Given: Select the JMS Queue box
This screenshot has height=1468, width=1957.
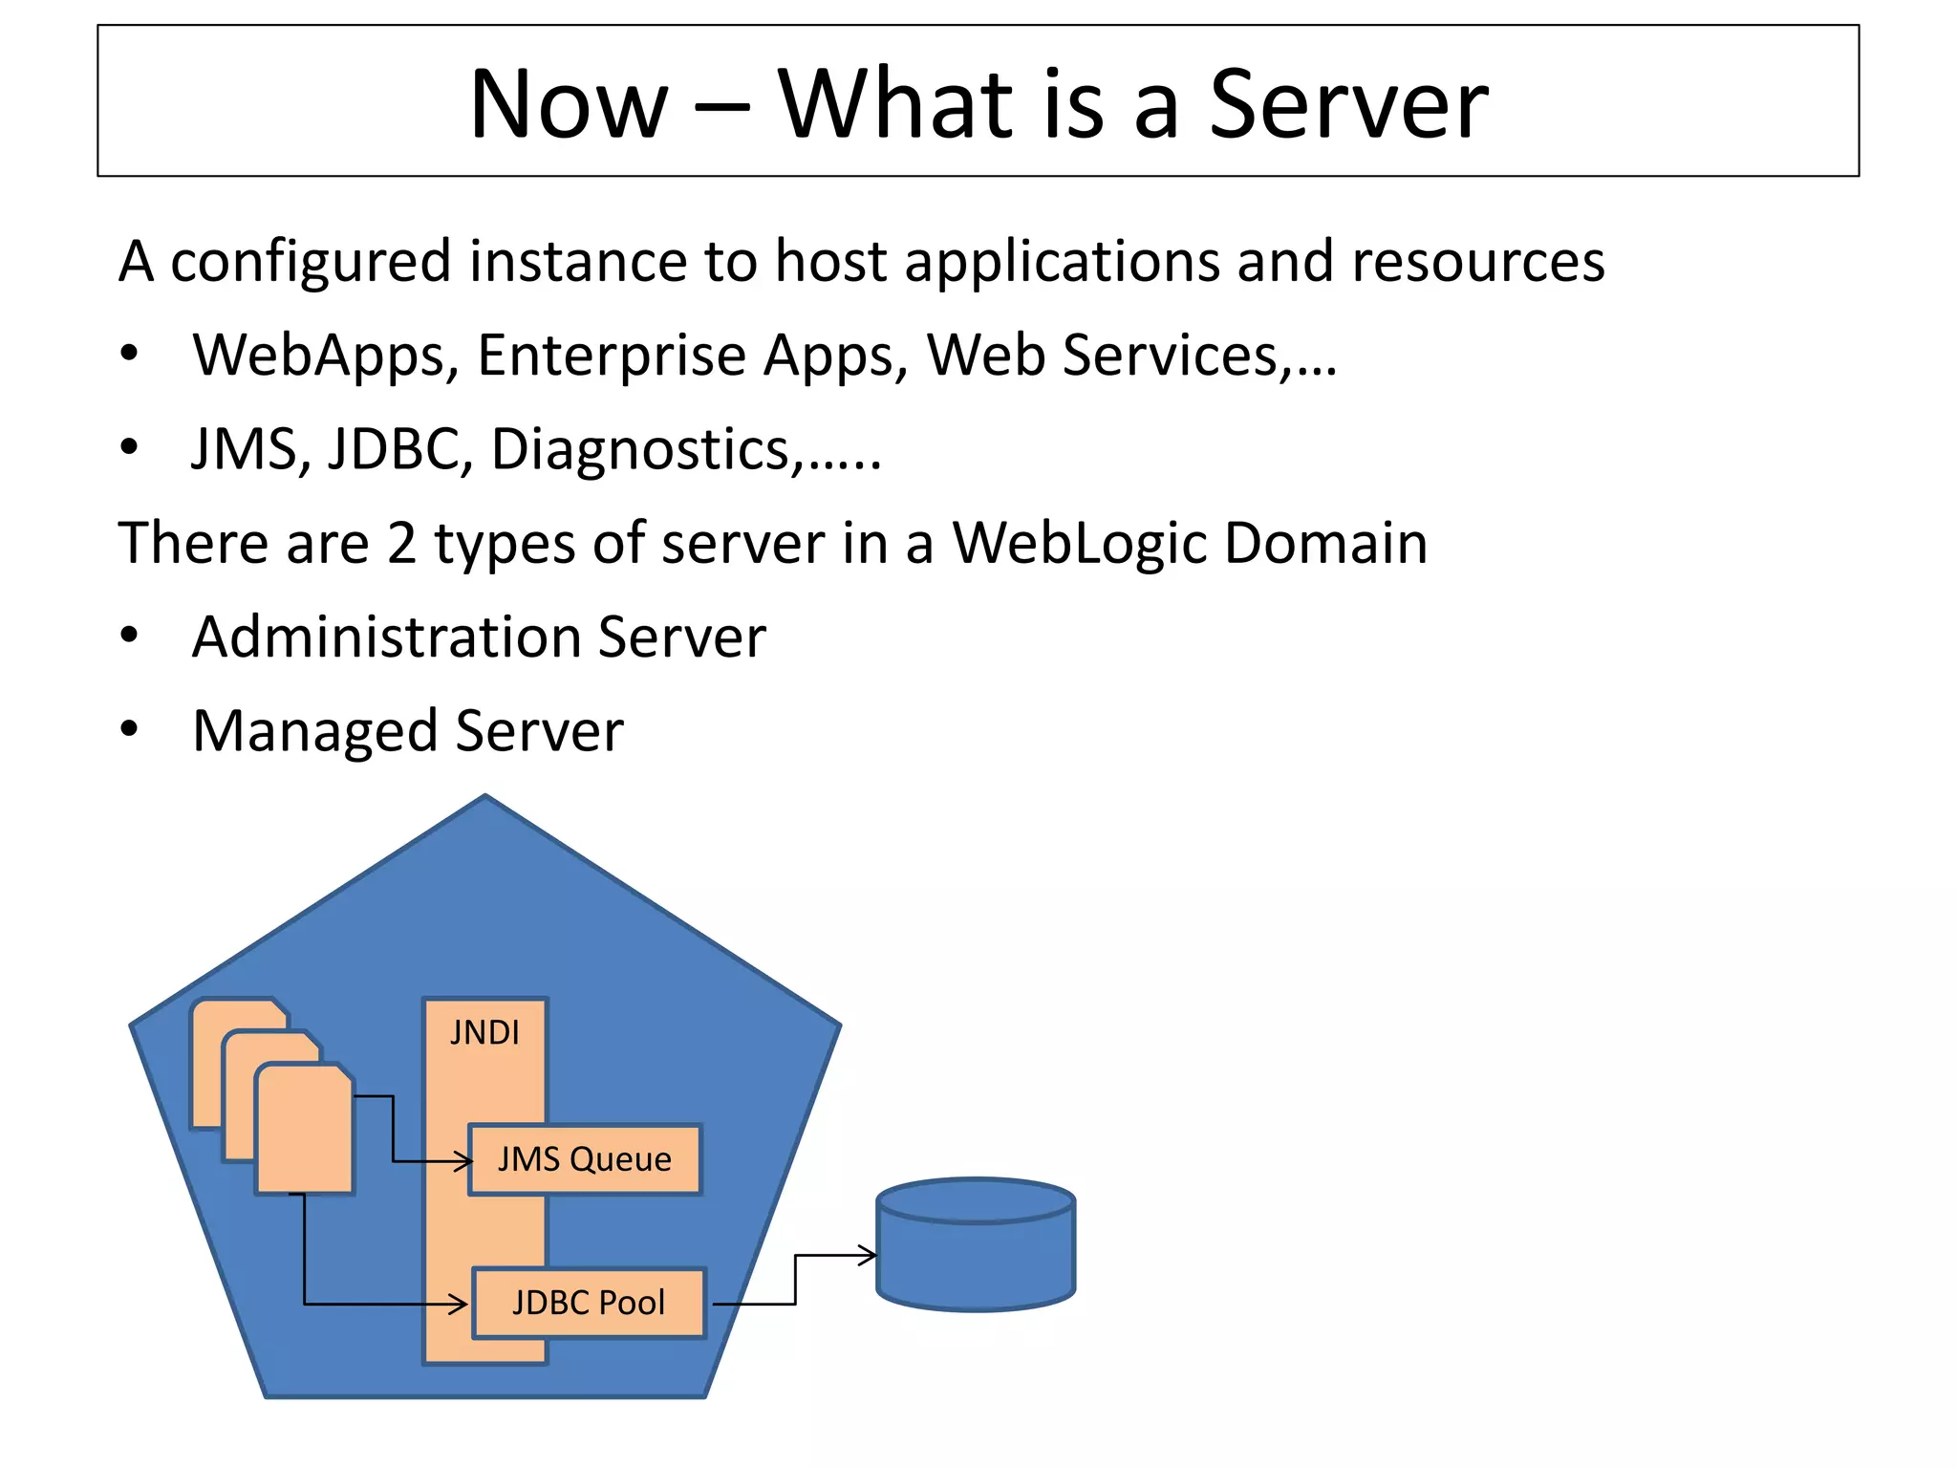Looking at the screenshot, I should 585,1159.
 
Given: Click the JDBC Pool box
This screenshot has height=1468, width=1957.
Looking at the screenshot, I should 589,1303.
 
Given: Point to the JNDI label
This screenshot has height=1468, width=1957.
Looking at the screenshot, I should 484,1033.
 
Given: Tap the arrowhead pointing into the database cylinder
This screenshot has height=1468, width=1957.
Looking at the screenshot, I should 868,1255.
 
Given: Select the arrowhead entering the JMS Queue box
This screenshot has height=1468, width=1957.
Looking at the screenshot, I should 464,1162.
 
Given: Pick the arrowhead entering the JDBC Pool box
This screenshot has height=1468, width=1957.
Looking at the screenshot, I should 460,1304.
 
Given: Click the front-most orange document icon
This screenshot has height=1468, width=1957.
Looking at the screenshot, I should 304,1133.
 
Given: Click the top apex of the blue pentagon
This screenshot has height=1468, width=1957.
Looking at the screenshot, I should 485,797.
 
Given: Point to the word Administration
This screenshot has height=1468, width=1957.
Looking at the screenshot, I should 386,637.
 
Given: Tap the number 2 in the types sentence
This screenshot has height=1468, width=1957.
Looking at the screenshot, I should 401,543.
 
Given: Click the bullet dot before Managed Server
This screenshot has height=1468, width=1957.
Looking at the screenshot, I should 129,730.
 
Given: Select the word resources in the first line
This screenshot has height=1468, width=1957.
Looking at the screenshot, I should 1477,261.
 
